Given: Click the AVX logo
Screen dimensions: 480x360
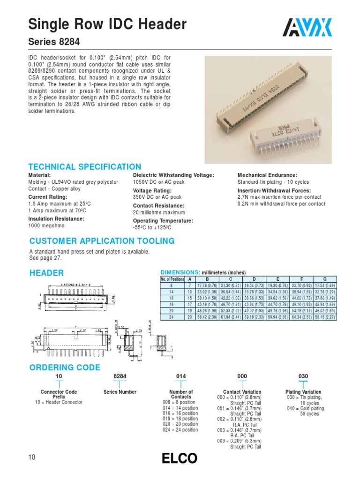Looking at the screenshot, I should point(307,28).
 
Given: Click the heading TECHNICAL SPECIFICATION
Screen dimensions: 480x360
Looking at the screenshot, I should point(85,167).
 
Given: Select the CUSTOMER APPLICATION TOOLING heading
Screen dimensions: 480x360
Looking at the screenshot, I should point(102,241).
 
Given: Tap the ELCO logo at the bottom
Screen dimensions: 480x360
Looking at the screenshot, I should point(180,458).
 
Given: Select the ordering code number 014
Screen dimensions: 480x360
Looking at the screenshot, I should point(181,376).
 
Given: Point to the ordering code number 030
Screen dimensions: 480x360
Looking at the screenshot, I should point(303,376).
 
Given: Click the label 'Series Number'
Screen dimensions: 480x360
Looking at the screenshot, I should point(120,392).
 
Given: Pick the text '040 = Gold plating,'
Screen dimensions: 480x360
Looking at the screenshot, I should point(306,408).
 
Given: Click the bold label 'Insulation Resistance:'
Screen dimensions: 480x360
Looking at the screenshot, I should point(57,218).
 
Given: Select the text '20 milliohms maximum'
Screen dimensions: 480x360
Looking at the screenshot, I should point(159,212).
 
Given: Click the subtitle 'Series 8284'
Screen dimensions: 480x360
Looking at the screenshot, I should point(54,42).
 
